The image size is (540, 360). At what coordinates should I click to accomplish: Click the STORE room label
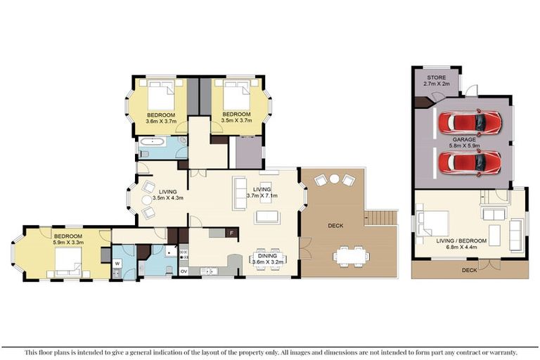click(437, 77)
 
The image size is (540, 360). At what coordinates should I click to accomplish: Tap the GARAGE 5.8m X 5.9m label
click(464, 143)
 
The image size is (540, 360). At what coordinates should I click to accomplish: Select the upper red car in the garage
click(470, 122)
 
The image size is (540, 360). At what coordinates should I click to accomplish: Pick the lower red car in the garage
click(470, 162)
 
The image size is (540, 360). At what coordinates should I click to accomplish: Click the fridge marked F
click(232, 233)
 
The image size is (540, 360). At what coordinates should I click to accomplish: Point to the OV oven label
click(184, 271)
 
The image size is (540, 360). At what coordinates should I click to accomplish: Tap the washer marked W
click(117, 264)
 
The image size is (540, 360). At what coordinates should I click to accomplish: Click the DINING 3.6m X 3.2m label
click(268, 259)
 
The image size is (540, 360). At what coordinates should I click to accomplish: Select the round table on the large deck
click(334, 179)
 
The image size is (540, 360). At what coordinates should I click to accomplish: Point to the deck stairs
click(381, 218)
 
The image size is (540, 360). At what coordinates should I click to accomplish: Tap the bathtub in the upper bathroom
click(153, 141)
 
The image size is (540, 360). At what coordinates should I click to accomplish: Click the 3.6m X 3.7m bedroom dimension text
click(161, 121)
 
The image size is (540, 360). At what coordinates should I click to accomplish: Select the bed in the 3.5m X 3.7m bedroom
click(236, 94)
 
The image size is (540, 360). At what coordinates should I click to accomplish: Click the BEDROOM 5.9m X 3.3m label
click(68, 239)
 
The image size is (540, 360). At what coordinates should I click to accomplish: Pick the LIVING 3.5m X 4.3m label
click(168, 195)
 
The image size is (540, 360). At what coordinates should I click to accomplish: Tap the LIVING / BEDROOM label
click(461, 240)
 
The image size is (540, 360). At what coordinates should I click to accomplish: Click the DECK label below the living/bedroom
click(470, 271)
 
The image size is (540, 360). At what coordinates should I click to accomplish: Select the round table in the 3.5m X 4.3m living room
click(147, 200)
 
